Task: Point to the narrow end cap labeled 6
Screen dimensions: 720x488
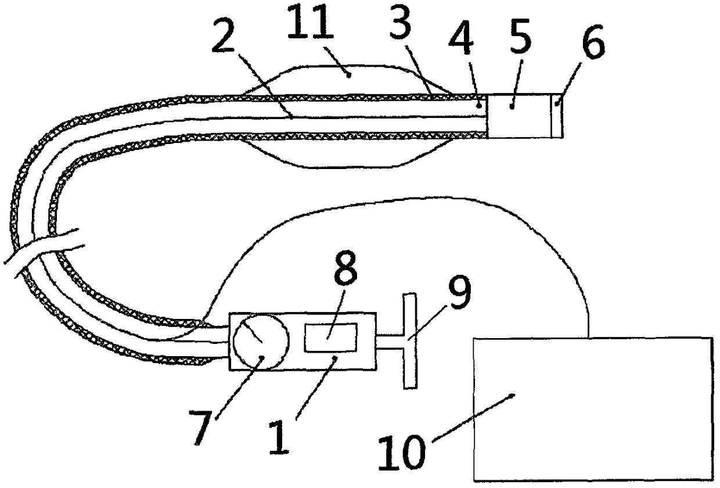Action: click(x=556, y=116)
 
